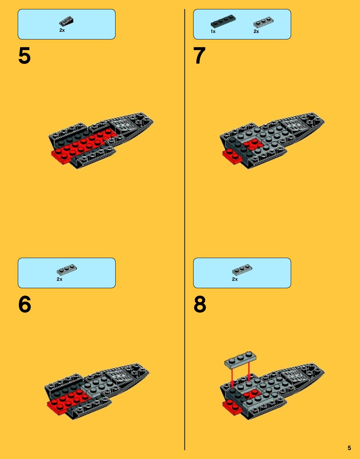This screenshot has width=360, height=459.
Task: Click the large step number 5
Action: coord(25,55)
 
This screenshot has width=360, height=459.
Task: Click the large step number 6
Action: coord(25,304)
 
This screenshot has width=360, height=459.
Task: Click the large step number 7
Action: coord(199,55)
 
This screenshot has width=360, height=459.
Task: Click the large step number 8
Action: coord(200,304)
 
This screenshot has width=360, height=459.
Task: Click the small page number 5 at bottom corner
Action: coord(349,448)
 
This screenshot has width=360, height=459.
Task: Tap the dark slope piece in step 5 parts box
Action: coord(66,21)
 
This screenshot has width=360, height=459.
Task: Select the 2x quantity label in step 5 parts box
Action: coord(62,30)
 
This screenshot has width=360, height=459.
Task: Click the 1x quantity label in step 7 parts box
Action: coord(213,31)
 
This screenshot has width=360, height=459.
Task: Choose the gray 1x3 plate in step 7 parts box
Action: coord(263,22)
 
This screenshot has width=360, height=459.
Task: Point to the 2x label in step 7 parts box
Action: coord(256,31)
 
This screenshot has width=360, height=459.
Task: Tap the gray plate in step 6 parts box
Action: coord(67,270)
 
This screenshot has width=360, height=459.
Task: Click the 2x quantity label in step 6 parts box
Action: coord(59,279)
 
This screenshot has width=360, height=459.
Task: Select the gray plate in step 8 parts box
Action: coord(242,270)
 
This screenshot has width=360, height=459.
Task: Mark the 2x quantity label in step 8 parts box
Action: coord(234,279)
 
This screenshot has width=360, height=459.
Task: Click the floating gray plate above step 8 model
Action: coord(241,359)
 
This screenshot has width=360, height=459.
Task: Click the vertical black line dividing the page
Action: coord(185,229)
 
